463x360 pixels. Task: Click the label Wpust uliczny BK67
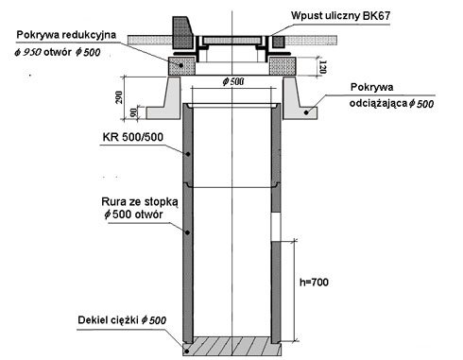(x=340, y=15)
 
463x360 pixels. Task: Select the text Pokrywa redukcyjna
(x=66, y=35)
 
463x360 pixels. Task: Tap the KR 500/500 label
(x=133, y=137)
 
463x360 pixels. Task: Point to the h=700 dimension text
(x=314, y=282)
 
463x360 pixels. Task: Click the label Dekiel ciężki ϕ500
(x=122, y=320)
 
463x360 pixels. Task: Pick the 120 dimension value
(x=322, y=67)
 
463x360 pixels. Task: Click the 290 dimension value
(x=119, y=97)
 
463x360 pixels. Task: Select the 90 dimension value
(x=133, y=112)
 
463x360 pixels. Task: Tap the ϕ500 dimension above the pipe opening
(x=233, y=82)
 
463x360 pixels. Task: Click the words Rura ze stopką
(x=140, y=201)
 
